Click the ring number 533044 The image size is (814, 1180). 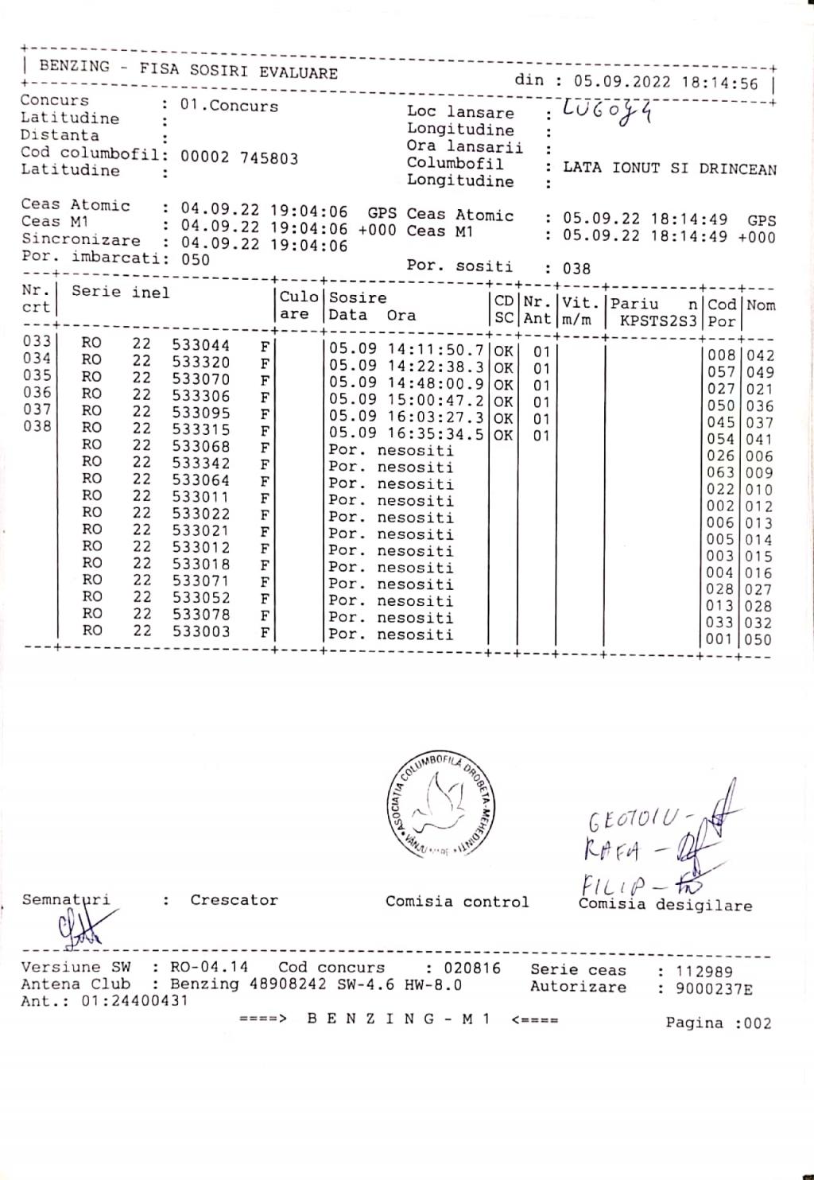200,345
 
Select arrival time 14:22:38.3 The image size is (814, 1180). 436,367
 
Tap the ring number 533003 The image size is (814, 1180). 200,631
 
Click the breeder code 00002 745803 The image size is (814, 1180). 239,157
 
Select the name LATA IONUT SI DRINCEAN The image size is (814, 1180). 669,168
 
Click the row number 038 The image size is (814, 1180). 37,426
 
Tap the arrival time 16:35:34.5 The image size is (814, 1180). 436,434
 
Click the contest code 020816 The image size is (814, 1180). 472,968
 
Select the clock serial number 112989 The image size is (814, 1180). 704,971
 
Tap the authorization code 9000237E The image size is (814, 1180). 714,989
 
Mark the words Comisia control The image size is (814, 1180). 457,902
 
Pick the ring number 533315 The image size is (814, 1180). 200,429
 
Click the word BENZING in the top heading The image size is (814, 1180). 74,67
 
